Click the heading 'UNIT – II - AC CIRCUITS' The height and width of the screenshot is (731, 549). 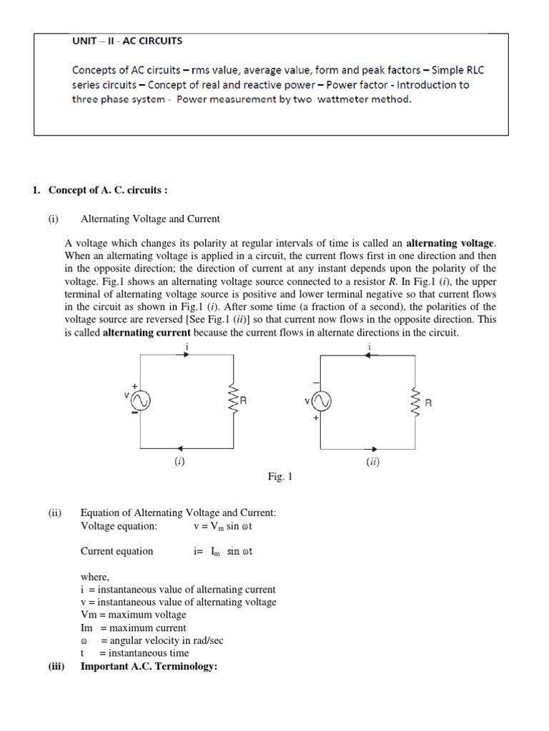127,41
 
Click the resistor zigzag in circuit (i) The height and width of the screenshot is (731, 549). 232,401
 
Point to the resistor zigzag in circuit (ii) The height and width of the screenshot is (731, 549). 413,402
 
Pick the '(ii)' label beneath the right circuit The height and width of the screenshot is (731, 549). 372,462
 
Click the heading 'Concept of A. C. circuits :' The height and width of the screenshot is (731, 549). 107,190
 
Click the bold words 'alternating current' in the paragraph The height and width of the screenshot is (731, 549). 147,333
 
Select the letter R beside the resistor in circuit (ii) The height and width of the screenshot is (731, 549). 428,403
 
